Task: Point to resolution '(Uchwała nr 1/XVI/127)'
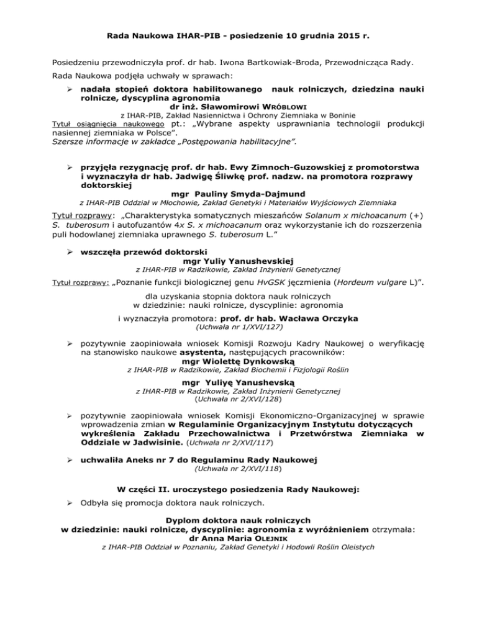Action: tap(238, 328)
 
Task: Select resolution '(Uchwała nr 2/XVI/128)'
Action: tap(238, 400)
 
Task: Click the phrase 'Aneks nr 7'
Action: tap(168, 459)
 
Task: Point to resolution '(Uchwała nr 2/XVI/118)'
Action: tap(238, 469)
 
